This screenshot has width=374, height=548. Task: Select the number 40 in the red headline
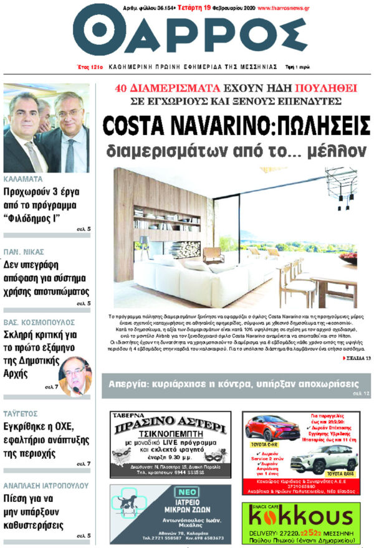[122, 88]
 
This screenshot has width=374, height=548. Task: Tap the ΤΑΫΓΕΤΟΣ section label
[22, 412]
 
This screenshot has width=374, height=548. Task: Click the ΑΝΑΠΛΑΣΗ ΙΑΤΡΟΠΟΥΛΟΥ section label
[43, 484]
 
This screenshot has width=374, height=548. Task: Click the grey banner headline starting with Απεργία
[235, 382]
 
